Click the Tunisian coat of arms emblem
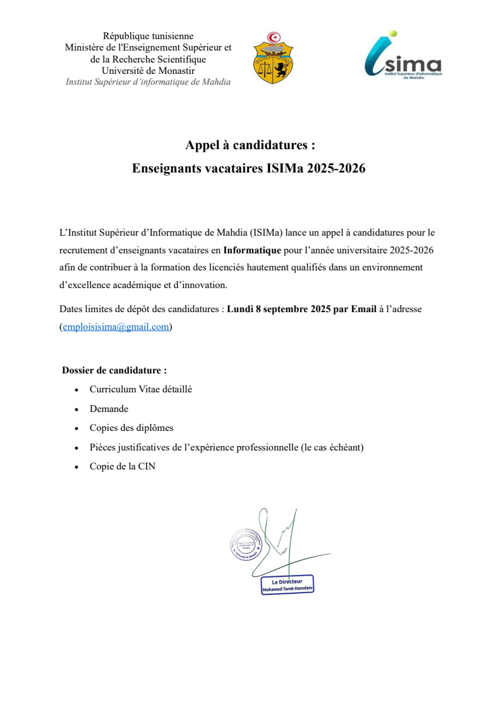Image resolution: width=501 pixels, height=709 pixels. [x=273, y=58]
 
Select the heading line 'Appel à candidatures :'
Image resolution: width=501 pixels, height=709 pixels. [x=250, y=145]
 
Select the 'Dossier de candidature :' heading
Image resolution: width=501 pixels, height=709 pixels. [x=114, y=370]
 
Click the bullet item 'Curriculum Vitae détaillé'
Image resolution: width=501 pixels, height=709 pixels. [x=141, y=389]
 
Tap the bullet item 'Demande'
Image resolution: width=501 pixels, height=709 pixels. [x=109, y=409]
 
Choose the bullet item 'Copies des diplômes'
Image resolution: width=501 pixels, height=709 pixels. [x=131, y=428]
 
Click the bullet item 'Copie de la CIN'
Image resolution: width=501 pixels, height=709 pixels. [x=123, y=467]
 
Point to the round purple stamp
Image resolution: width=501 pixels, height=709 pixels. [x=246, y=544]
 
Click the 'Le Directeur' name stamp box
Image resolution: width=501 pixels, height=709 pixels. [x=287, y=585]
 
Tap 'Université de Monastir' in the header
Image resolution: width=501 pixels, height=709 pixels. [x=148, y=70]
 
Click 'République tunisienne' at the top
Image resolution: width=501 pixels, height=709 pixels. [x=148, y=36]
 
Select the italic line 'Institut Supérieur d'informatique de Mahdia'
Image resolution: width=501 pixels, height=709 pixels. [x=148, y=82]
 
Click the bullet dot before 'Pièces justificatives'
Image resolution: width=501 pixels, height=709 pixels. [x=76, y=448]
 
